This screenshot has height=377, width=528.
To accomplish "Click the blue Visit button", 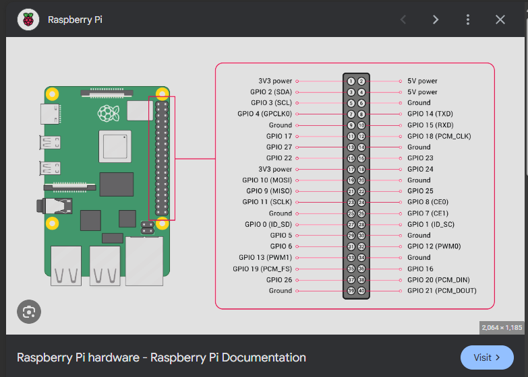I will [487, 357].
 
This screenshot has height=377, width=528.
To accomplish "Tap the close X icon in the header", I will [500, 20].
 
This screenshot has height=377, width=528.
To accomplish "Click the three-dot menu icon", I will [468, 20].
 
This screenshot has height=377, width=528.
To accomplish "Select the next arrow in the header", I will [436, 20].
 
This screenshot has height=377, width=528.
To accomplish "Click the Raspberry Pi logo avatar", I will [28, 20].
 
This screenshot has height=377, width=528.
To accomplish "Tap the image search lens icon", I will [29, 312].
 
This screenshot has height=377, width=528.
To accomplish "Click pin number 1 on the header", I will [351, 81].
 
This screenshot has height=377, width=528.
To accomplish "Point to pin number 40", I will [361, 291].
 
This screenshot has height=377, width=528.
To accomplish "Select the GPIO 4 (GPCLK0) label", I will [265, 114].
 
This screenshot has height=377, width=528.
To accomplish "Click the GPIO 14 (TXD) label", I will [430, 114].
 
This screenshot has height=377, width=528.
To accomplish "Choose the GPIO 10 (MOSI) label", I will [267, 180].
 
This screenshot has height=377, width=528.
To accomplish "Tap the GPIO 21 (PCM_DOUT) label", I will [442, 291].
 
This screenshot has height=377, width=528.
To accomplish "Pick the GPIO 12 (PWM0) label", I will [433, 246].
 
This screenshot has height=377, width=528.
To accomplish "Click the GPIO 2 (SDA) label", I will [270, 92].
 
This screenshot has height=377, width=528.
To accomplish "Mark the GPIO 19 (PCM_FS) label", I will [262, 269].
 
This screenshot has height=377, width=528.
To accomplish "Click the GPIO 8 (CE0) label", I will [428, 202].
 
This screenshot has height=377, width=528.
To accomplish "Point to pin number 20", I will [361, 180].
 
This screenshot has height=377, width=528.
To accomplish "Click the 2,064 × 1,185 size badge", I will [501, 327].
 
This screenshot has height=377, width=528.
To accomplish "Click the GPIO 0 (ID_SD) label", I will [268, 224].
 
